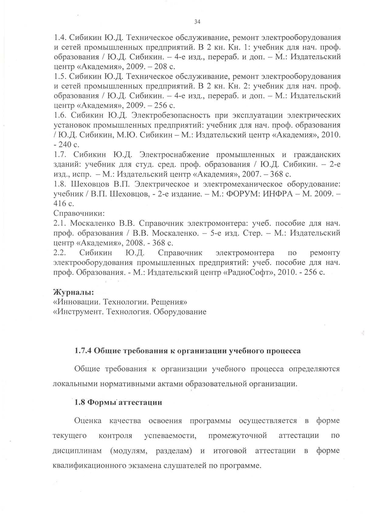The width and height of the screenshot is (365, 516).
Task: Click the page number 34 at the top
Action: (197, 22)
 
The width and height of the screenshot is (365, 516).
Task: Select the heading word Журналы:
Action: (73, 293)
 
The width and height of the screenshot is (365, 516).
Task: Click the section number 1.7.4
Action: (83, 351)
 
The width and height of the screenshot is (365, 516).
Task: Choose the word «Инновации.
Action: (77, 302)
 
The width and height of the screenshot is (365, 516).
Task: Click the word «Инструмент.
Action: (77, 312)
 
